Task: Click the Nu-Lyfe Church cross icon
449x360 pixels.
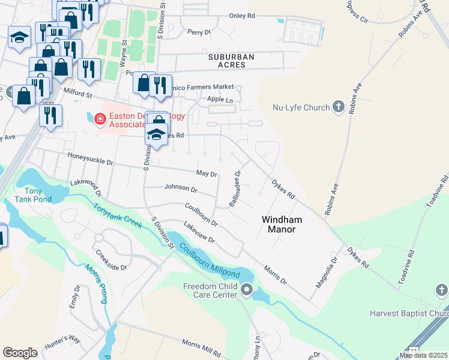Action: [x=339, y=107]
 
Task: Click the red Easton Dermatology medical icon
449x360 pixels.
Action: [x=99, y=119]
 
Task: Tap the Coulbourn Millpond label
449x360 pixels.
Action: [x=208, y=262]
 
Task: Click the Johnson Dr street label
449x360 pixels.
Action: [x=181, y=188]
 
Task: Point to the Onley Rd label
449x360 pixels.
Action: [x=242, y=17]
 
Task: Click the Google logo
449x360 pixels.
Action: [x=20, y=353]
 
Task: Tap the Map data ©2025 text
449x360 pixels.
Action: [x=423, y=355]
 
